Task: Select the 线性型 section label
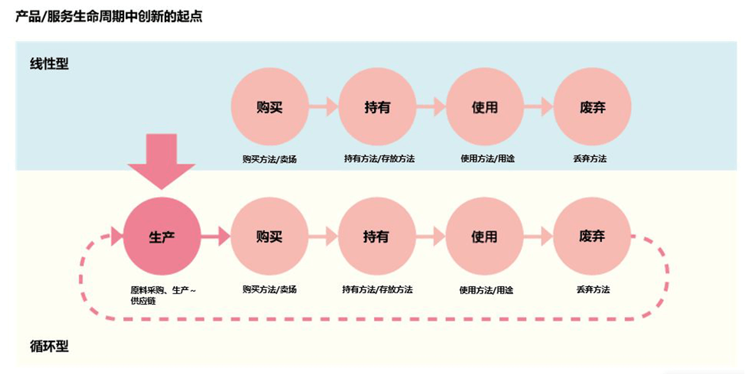click(49, 63)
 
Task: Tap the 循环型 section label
click(49, 346)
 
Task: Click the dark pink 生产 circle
click(162, 237)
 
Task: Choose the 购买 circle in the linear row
click(269, 107)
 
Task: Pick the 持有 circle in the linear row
click(377, 107)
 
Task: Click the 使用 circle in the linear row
click(484, 107)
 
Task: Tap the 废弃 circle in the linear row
click(592, 107)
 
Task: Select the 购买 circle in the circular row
click(269, 237)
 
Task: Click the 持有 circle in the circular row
click(377, 237)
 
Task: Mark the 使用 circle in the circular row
click(484, 237)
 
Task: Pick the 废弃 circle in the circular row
click(592, 237)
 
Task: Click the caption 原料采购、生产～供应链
click(162, 295)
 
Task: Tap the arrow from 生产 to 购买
click(216, 237)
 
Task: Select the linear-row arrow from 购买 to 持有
click(323, 107)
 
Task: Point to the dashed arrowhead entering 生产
click(116, 237)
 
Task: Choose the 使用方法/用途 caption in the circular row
click(486, 290)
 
